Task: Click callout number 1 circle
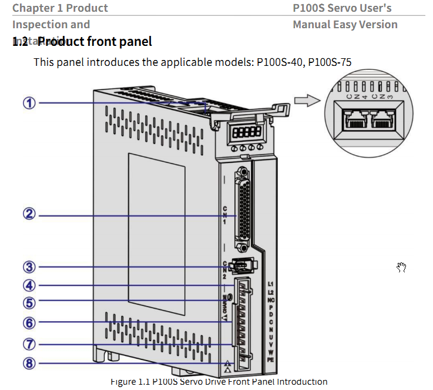(x=29, y=103)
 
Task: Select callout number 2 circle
(x=29, y=214)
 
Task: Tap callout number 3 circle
(x=29, y=266)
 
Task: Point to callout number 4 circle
(x=29, y=285)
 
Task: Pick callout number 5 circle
(x=29, y=302)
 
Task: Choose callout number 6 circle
(x=29, y=322)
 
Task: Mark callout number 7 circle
(x=29, y=344)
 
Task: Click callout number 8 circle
(x=29, y=363)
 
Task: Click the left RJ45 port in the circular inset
(x=352, y=119)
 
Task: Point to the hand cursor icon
(x=402, y=268)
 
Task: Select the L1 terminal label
(x=271, y=285)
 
